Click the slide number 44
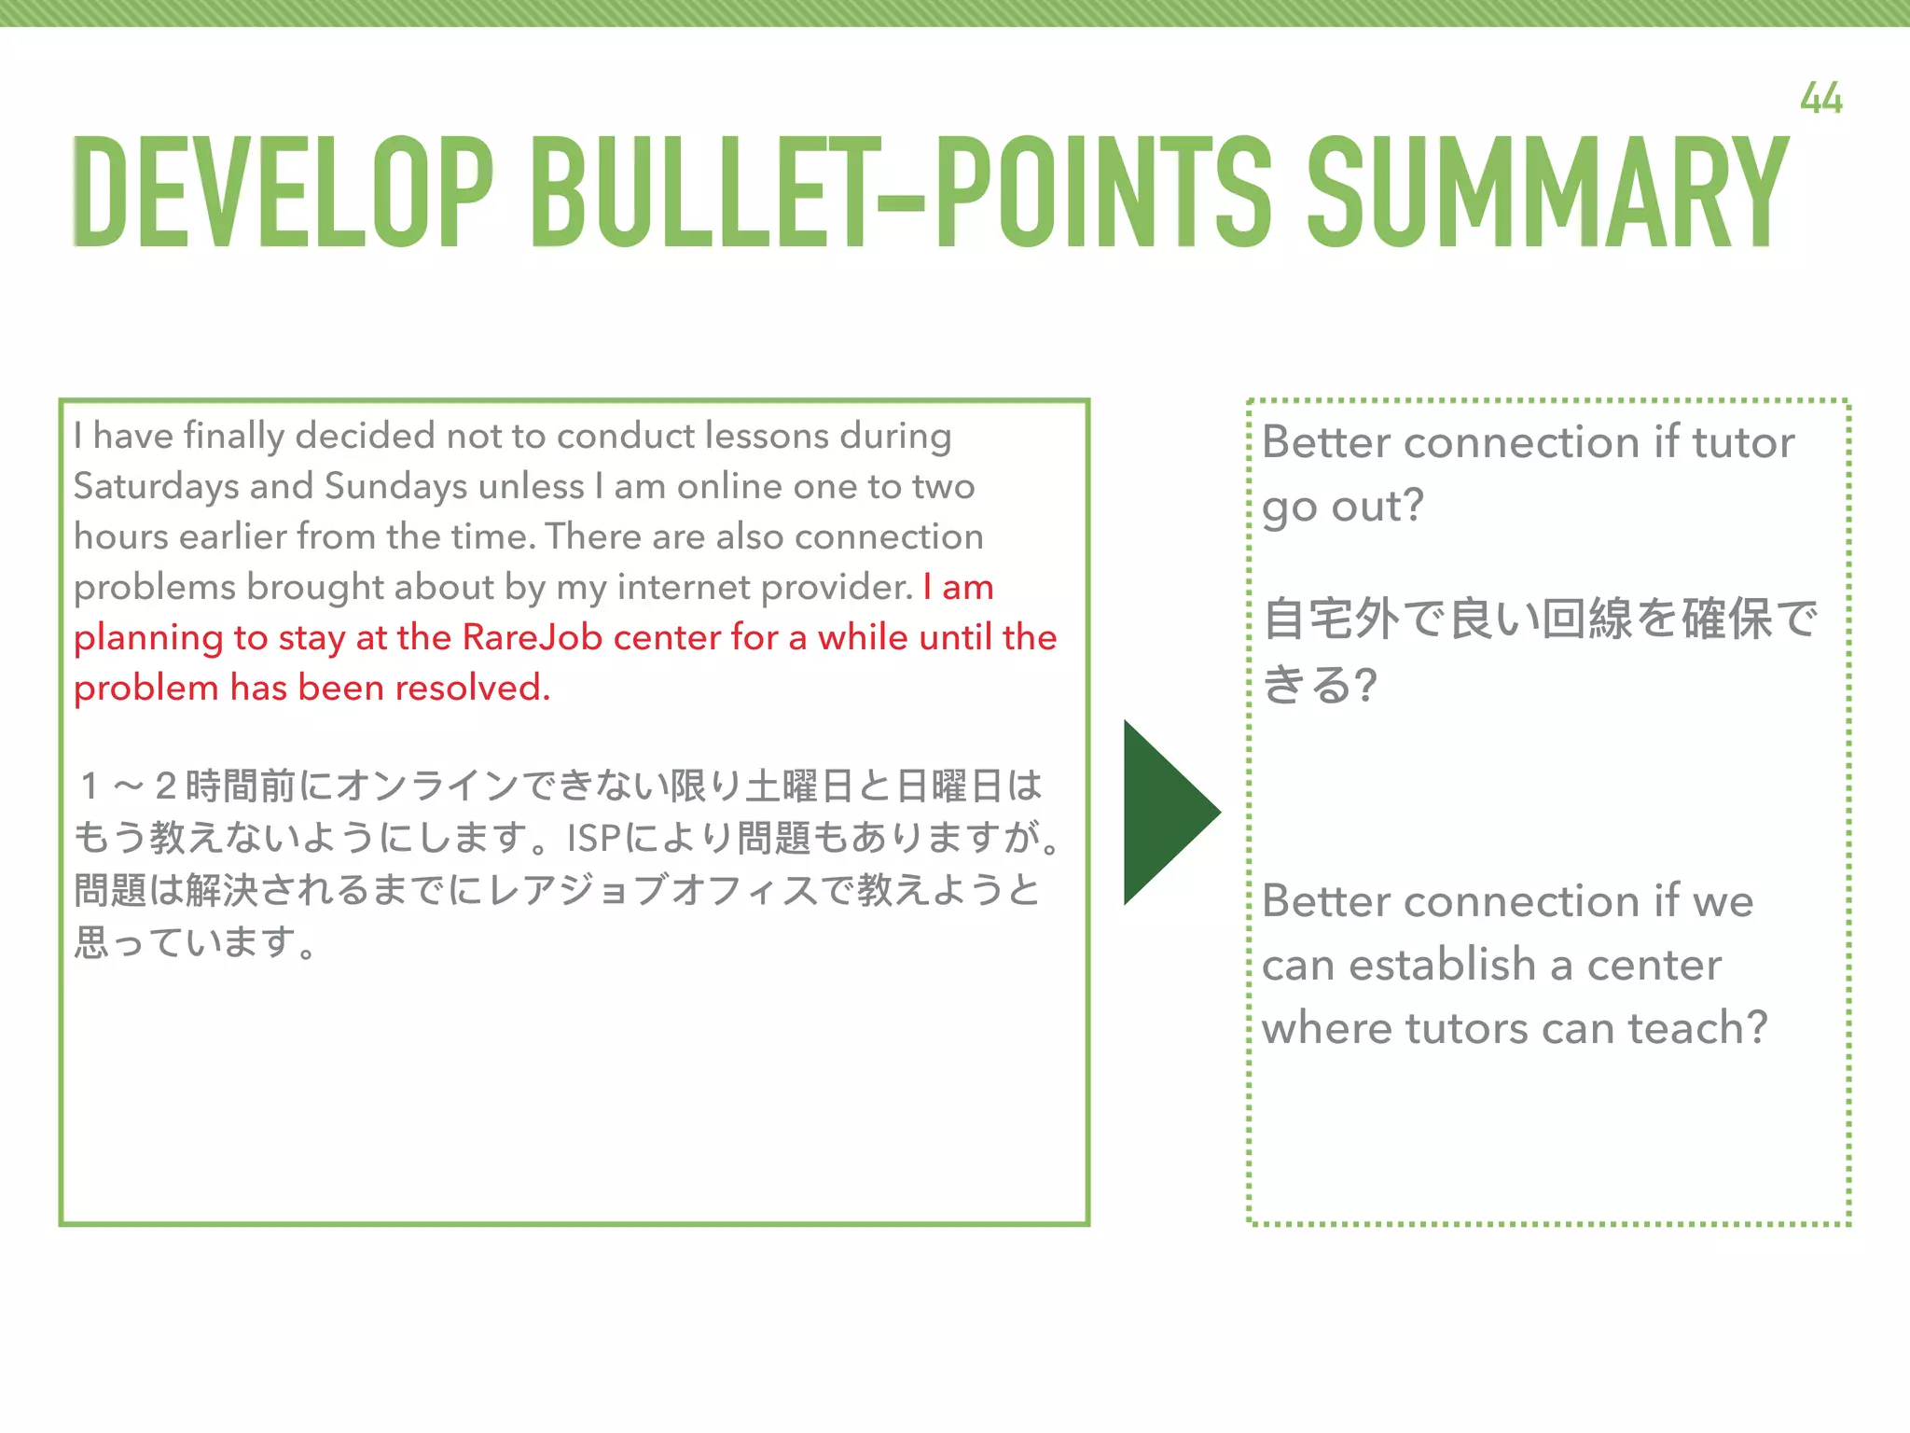point(1820,99)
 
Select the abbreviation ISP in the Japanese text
point(593,838)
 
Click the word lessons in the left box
point(767,436)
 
